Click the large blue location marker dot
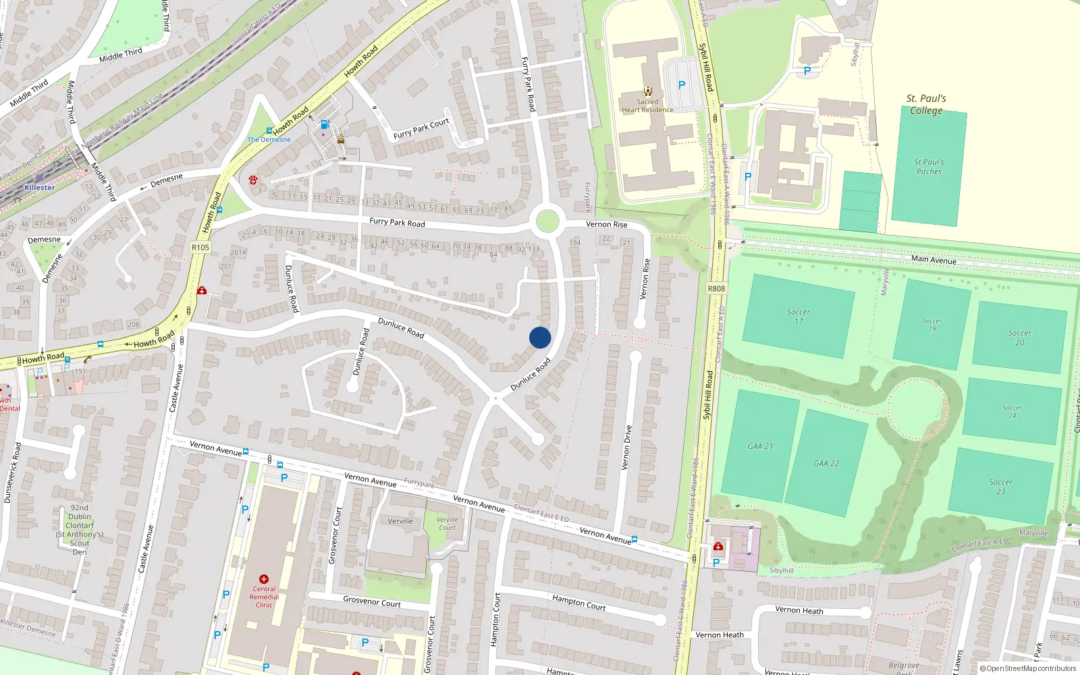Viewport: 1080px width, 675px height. tap(540, 337)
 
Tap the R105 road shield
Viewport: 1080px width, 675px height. tap(200, 248)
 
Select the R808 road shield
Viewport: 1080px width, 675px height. tap(716, 289)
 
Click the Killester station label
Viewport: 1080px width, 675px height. tap(39, 188)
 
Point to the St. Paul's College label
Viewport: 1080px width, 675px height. tap(926, 105)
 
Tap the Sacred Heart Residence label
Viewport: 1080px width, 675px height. tap(647, 106)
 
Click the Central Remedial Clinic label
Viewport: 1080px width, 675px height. tap(264, 597)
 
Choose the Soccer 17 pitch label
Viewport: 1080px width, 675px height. tap(798, 317)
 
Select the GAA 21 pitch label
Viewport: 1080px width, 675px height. tap(760, 446)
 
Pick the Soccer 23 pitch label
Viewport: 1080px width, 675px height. tap(1000, 487)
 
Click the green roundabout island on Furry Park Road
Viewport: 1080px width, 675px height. tap(547, 221)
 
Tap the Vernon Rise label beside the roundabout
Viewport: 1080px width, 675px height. tap(606, 225)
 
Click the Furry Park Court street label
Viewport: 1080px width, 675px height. tap(421, 128)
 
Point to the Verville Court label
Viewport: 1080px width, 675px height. tap(447, 524)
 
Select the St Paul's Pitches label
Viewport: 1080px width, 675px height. tap(929, 167)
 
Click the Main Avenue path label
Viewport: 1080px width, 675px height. tap(934, 259)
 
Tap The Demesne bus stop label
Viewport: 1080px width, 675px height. tap(269, 140)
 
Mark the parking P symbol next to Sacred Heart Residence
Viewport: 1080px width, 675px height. tap(682, 85)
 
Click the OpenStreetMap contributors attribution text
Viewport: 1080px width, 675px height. tap(1028, 669)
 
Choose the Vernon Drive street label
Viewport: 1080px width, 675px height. tap(627, 447)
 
